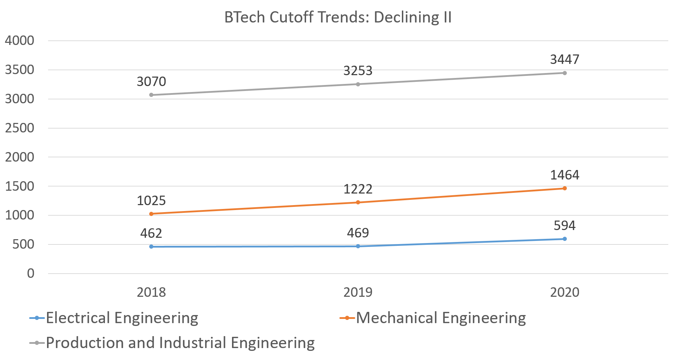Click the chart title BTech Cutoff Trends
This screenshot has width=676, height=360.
click(338, 17)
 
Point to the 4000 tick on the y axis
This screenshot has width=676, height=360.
click(20, 41)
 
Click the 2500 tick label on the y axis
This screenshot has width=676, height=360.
click(20, 128)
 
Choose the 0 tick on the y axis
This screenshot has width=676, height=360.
click(31, 274)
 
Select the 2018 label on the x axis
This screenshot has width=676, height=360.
click(151, 292)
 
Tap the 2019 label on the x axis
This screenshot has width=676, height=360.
click(358, 292)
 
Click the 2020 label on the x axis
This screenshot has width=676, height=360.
click(564, 292)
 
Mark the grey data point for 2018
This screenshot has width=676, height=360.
click(151, 95)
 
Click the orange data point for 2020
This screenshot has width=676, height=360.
click(565, 188)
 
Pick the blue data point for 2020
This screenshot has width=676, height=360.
click(565, 239)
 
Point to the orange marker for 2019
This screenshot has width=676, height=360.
click(358, 202)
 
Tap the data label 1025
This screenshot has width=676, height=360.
click(151, 201)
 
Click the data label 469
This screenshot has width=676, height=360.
click(358, 233)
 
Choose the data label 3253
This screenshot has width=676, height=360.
click(358, 71)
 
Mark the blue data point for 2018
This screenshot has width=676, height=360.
click(151, 247)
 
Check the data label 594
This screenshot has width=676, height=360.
click(564, 225)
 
